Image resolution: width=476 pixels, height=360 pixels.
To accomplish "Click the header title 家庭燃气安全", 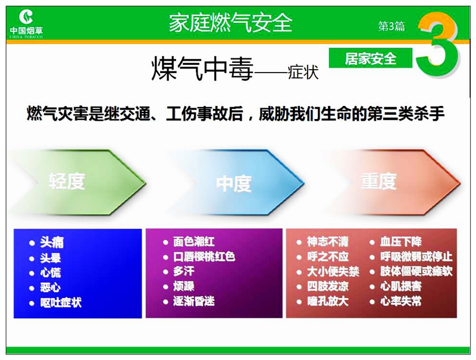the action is pos(230,23).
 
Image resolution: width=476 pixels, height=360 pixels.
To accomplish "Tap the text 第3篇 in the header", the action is pos(392,26).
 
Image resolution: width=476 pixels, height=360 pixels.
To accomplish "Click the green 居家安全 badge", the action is pos(370,58).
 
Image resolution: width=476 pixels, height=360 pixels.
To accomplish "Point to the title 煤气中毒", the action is pos(202,68).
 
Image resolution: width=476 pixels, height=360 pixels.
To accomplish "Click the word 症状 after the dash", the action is pos(303,72).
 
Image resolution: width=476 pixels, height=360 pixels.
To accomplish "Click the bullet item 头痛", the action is pos(52,242).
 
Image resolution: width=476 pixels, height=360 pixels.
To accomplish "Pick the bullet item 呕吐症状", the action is pos(61,302).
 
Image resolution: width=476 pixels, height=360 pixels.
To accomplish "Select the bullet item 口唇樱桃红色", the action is pos(204,257).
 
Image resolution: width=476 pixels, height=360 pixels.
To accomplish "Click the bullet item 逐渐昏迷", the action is pos(194,301).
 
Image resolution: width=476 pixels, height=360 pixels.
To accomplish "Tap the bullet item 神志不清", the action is pos(328,242).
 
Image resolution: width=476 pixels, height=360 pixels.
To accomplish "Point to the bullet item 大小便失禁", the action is pos(333,271).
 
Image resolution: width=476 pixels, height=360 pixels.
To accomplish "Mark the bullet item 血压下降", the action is pos(400,242).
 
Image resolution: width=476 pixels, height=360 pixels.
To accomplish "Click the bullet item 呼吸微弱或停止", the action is pos(416,256).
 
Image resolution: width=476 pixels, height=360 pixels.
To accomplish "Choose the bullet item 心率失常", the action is pos(400,301).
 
